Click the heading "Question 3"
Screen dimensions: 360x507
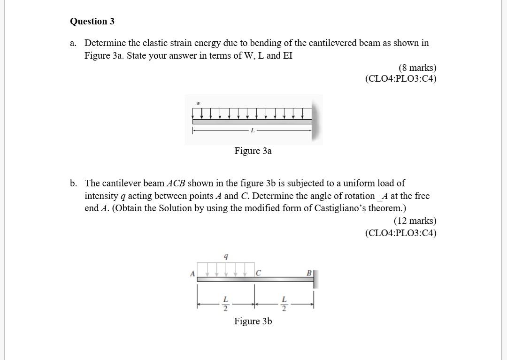pos(92,22)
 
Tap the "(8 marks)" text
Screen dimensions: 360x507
pos(417,68)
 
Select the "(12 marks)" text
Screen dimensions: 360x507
pos(415,221)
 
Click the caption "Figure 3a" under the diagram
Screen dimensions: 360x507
pos(253,151)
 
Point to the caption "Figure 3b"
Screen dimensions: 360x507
pos(253,321)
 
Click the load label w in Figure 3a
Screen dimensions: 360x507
pos(198,103)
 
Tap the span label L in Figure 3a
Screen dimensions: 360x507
pos(253,130)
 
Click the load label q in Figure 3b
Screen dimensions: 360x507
pos(226,257)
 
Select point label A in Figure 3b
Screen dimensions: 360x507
pos(192,273)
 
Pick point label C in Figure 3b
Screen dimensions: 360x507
pos(258,273)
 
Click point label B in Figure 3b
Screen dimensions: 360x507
pos(309,273)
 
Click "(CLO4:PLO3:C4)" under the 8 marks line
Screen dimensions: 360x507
pos(400,78)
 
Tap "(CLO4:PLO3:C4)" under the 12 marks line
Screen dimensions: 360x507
pos(400,233)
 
